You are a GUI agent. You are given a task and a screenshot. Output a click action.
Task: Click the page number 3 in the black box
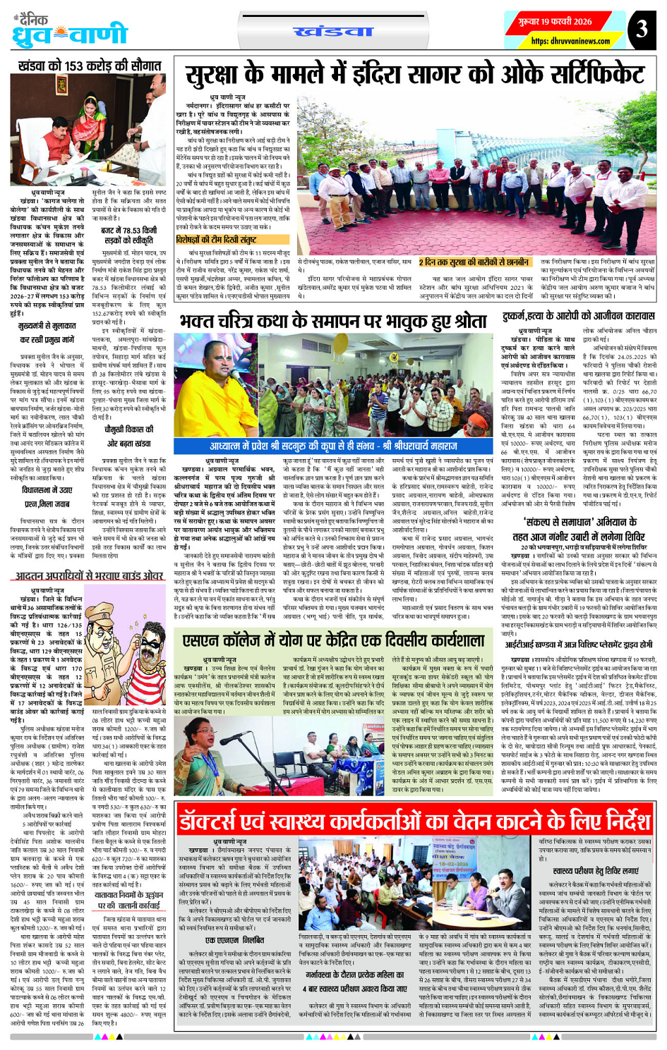click(641, 30)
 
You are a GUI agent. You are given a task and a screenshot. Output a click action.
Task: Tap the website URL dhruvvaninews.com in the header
click(561, 42)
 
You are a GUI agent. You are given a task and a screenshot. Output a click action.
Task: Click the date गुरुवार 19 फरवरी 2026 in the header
click(554, 22)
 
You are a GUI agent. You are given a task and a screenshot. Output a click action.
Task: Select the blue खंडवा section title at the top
click(332, 32)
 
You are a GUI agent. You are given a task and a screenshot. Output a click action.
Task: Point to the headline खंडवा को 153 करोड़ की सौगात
click(90, 66)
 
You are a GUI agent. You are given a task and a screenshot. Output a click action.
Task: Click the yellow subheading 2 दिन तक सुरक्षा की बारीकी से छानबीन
click(474, 262)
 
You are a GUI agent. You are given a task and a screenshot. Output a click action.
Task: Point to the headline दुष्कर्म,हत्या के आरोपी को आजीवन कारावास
click(579, 317)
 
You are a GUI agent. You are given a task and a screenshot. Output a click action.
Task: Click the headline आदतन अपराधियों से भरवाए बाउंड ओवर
click(90, 575)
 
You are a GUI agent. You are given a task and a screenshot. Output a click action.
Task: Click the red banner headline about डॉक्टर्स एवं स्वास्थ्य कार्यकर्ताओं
click(414, 821)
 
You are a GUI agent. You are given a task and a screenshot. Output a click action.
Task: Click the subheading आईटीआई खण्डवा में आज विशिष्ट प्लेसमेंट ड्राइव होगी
click(578, 644)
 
